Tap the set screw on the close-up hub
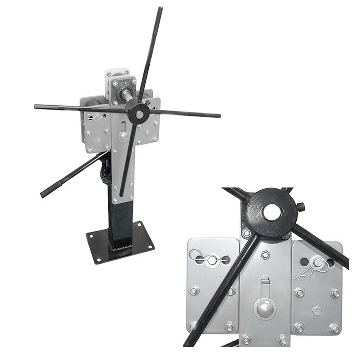point(301,207)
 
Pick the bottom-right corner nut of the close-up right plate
point(334,328)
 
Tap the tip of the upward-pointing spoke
point(160,9)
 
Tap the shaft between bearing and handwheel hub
point(126,95)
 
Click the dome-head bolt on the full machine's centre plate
point(123,136)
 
